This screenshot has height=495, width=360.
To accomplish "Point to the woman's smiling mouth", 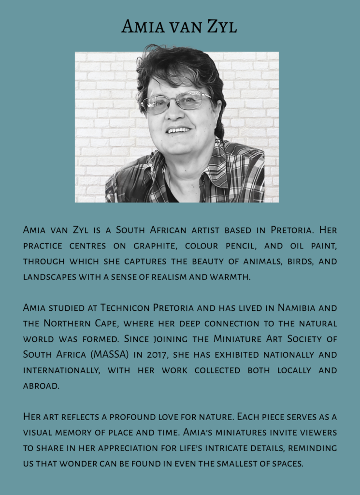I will (178, 130).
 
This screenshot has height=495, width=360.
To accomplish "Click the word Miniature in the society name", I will (238, 339).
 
